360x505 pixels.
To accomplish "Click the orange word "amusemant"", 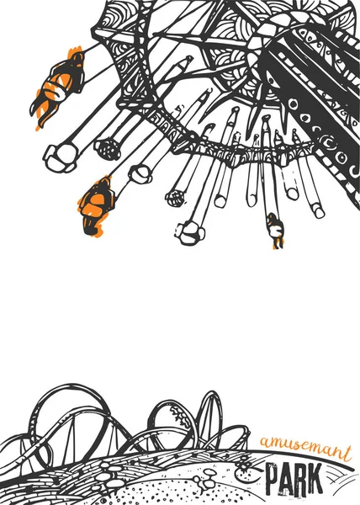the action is tap(305, 449).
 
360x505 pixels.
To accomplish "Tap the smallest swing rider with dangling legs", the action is tap(275, 231).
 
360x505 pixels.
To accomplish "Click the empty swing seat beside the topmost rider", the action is tap(61, 158).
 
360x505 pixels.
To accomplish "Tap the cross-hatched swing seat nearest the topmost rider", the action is tap(108, 149).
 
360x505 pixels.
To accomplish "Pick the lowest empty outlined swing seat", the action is tap(191, 233).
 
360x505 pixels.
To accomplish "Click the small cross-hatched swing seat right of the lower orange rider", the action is tap(175, 198).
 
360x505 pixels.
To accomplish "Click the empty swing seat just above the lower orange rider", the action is tap(140, 174).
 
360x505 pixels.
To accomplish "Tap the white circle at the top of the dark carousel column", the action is tap(294, 104).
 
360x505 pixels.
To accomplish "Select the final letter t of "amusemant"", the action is tap(346, 453).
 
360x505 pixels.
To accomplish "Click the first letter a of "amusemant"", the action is tap(266, 444).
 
